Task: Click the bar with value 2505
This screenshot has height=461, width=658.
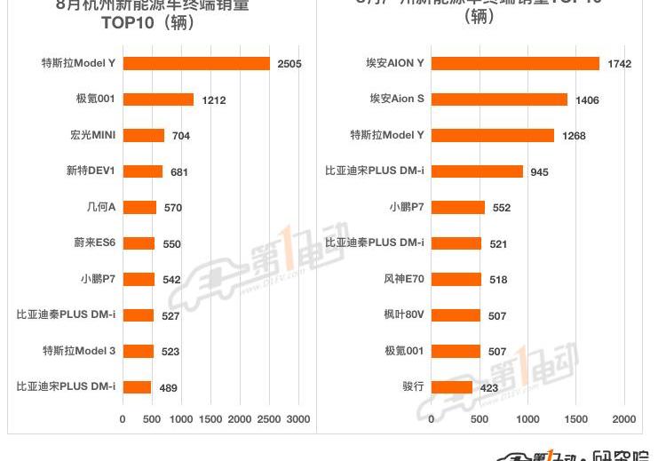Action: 196,64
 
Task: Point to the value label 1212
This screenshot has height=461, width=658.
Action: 213,100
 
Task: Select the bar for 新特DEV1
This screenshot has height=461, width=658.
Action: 143,171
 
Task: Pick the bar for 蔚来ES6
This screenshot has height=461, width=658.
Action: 139,243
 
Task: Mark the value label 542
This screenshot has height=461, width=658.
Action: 170,280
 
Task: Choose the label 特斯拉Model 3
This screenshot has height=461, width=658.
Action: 79,351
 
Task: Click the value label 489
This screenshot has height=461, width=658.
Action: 169,387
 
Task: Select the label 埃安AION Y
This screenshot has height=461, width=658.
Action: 395,63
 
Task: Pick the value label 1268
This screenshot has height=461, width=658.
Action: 573,136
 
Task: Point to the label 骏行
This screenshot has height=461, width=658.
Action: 413,386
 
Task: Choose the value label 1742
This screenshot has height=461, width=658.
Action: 618,64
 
